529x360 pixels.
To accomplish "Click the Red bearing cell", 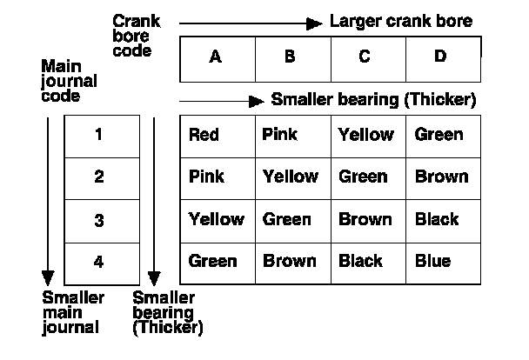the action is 204,135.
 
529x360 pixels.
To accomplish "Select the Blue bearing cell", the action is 432,261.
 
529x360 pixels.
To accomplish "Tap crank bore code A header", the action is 216,57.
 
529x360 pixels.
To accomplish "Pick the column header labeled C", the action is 365,57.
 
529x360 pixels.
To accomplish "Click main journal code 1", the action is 99,135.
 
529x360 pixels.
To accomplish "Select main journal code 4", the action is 99,261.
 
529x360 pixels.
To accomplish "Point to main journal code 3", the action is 99,219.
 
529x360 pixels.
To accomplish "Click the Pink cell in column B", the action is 279,135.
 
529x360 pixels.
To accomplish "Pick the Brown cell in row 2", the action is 441,177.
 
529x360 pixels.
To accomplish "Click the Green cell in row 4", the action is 212,261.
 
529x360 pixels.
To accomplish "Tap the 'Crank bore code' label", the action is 131,35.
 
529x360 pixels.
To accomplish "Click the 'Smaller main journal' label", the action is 73,312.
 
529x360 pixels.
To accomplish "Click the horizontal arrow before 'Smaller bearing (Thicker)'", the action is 221,100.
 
